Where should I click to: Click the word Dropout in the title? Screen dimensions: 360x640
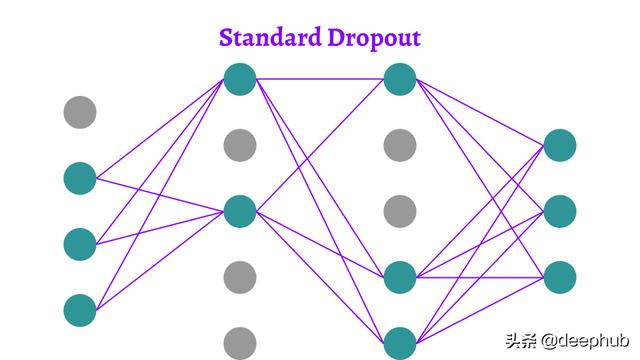pyautogui.click(x=374, y=39)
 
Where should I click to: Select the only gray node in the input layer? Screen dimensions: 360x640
pyautogui.click(x=80, y=112)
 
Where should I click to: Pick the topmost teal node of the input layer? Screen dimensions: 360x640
pyautogui.click(x=80, y=178)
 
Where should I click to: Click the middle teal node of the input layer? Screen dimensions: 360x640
pyautogui.click(x=80, y=243)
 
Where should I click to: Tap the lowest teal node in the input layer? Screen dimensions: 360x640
pyautogui.click(x=80, y=309)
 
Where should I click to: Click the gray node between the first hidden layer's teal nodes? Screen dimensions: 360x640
pyautogui.click(x=240, y=145)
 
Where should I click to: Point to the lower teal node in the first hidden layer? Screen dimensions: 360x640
pyautogui.click(x=240, y=211)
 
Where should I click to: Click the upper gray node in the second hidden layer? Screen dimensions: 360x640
pyautogui.click(x=400, y=145)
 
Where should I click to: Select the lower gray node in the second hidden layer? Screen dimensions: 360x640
pyautogui.click(x=400, y=211)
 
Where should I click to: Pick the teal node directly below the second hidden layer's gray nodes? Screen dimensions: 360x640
pyautogui.click(x=400, y=276)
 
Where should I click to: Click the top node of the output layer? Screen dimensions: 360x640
pyautogui.click(x=560, y=145)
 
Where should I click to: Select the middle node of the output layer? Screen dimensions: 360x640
pyautogui.click(x=560, y=211)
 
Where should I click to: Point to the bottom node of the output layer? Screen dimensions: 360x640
pyautogui.click(x=560, y=276)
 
